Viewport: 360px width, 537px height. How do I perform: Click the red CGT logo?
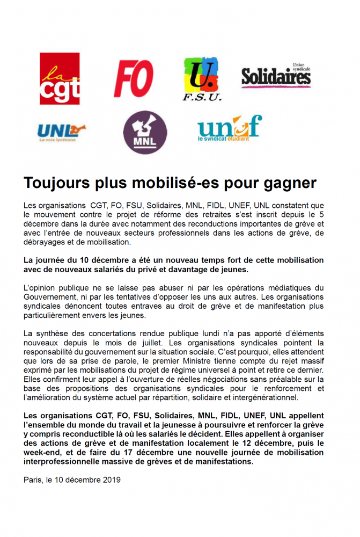click(x=59, y=78)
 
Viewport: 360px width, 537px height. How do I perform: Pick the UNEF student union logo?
click(x=229, y=127)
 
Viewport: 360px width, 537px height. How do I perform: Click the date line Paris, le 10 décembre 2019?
click(x=72, y=480)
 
